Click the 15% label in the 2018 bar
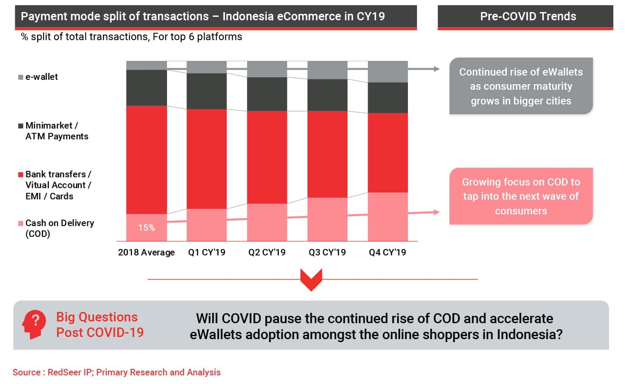[146, 228]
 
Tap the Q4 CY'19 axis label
[387, 252]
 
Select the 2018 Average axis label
[146, 252]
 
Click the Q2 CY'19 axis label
[267, 252]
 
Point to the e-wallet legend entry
[41, 77]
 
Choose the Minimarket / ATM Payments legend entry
[56, 131]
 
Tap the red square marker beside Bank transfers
[20, 175]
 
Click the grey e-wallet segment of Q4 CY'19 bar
[388, 72]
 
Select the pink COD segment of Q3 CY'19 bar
[327, 219]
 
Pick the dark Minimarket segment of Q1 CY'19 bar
[207, 91]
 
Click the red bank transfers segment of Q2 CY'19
[267, 157]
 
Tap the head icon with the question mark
[35, 324]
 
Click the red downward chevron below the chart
[311, 279]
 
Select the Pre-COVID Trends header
[527, 16]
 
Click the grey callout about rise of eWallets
[521, 86]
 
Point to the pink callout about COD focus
[521, 196]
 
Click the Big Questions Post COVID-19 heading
[99, 324]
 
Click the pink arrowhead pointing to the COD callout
[436, 212]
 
